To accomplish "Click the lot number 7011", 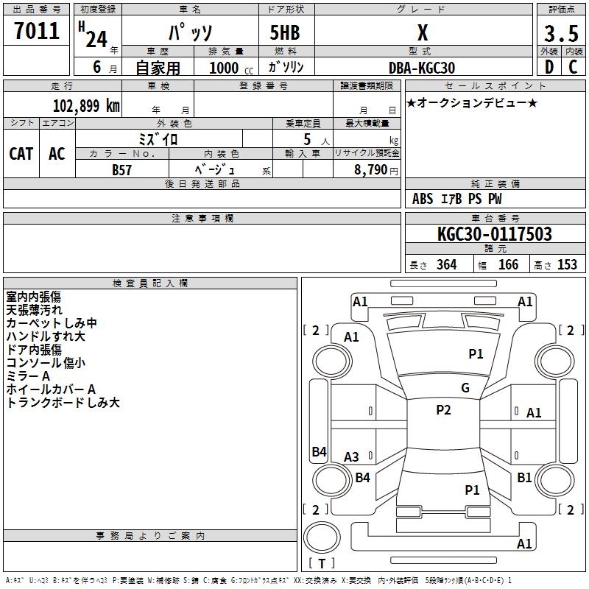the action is pyautogui.click(x=37, y=31).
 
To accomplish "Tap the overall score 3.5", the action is pyautogui.click(x=561, y=34).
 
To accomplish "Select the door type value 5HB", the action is pyautogui.click(x=285, y=32).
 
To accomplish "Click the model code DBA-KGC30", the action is pyautogui.click(x=422, y=68).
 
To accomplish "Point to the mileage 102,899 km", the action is pyautogui.click(x=86, y=106).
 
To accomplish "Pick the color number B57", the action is pyautogui.click(x=121, y=170).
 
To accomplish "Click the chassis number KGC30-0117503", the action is pyautogui.click(x=495, y=234).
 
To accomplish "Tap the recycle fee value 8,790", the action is pyautogui.click(x=370, y=170).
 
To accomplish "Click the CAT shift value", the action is pyautogui.click(x=21, y=154).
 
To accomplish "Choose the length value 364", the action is pyautogui.click(x=447, y=264).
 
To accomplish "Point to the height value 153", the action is pyautogui.click(x=567, y=264).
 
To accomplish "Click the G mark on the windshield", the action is pyautogui.click(x=465, y=388).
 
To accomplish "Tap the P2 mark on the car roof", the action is pyautogui.click(x=444, y=410).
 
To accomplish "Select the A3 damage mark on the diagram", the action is pyautogui.click(x=351, y=456).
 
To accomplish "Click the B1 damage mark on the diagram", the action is pyautogui.click(x=524, y=477).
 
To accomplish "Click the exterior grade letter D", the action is pyautogui.click(x=549, y=67).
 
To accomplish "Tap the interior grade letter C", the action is pyautogui.click(x=574, y=67).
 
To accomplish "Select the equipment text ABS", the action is pyautogui.click(x=423, y=199).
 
